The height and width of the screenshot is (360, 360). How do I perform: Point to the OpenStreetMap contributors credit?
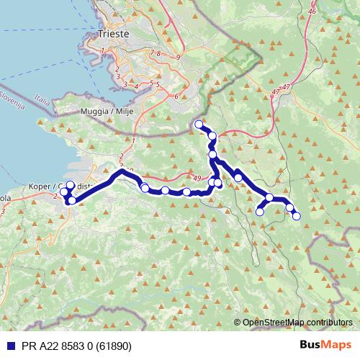pyautogui.click(x=298, y=322)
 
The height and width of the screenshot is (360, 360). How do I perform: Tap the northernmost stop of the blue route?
pyautogui.click(x=199, y=125)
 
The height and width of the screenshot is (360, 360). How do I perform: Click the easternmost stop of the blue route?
pyautogui.click(x=296, y=216)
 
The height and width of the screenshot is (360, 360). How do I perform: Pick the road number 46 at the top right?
pyautogui.click(x=311, y=12)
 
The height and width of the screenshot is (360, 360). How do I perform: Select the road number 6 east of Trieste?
pyautogui.click(x=176, y=95)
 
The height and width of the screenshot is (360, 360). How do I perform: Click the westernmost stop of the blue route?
pyautogui.click(x=63, y=192)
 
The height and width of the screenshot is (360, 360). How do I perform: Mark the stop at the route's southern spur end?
pyautogui.click(x=260, y=212)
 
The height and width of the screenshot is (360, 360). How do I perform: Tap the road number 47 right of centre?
pyautogui.click(x=276, y=93)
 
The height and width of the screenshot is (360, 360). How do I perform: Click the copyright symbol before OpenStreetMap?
pyautogui.click(x=238, y=322)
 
